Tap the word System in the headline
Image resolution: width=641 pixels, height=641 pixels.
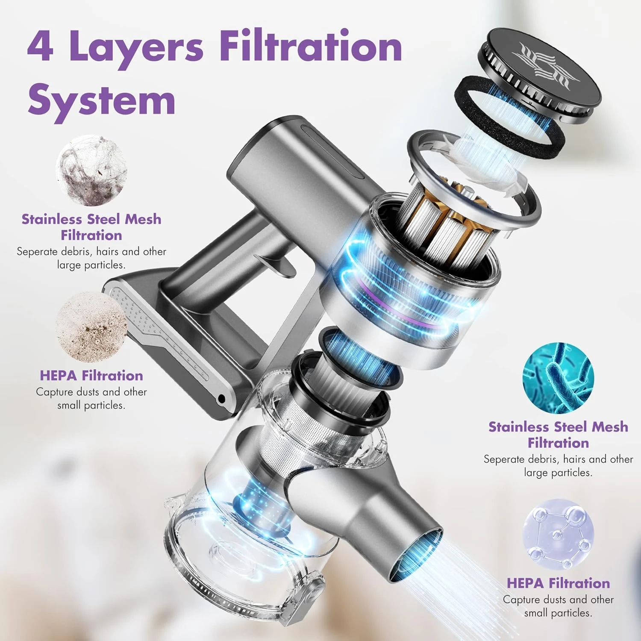point(102,100)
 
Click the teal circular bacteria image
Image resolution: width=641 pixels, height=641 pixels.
point(558,377)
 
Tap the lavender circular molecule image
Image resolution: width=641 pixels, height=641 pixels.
point(558,534)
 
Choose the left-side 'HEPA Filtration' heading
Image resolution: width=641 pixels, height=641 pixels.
point(91,375)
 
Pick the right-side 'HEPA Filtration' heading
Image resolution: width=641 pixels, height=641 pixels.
point(558,583)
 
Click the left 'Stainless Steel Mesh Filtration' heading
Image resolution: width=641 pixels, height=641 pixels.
point(91,227)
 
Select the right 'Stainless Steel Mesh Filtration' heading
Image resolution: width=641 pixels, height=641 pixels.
point(558,435)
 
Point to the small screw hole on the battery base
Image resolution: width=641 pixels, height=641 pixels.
point(221,399)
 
